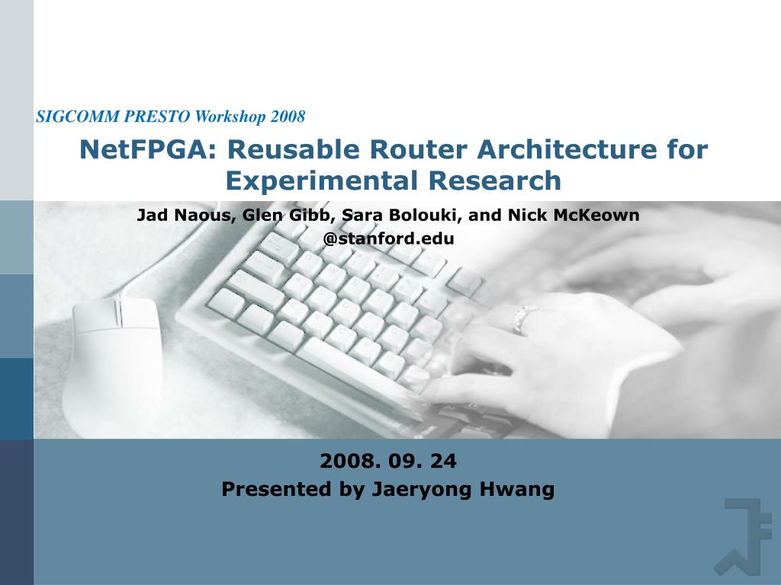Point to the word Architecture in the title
(x=565, y=150)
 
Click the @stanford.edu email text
(x=388, y=238)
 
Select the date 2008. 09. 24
(x=388, y=461)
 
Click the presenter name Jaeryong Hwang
(x=463, y=490)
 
